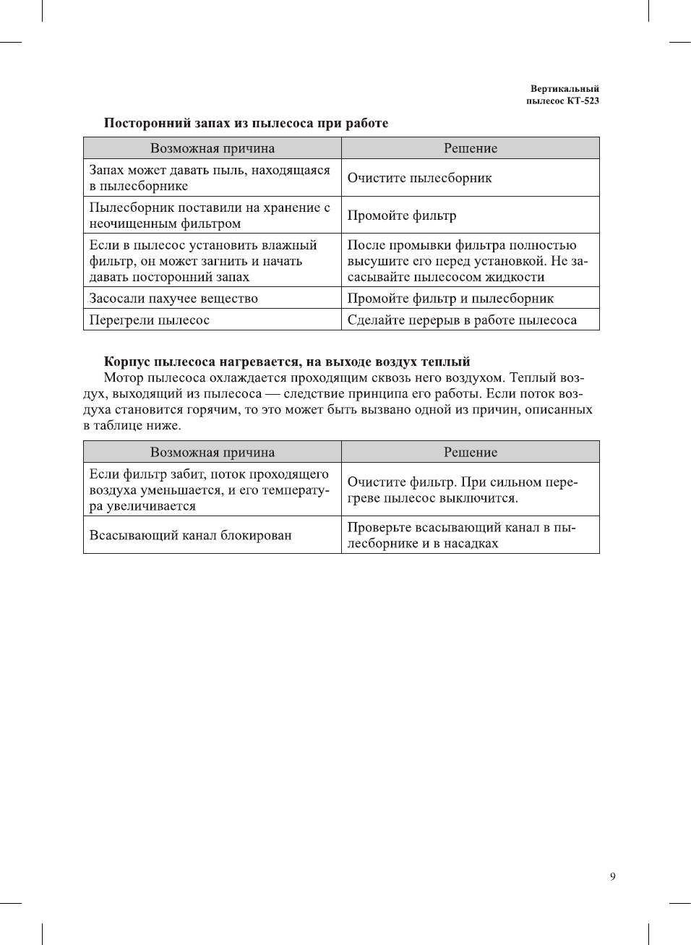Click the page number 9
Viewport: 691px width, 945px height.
(612, 876)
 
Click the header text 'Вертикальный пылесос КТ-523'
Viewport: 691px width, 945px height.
(563, 95)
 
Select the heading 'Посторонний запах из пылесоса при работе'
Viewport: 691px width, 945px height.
(246, 123)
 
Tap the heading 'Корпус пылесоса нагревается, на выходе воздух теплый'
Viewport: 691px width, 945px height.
(287, 362)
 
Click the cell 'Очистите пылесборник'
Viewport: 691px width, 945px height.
(419, 178)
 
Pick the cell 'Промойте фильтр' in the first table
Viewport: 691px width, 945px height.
(402, 215)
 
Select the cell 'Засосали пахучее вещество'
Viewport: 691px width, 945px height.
(173, 298)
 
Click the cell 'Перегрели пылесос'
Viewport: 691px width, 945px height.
(150, 320)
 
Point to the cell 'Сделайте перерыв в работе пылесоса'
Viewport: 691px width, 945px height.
(462, 320)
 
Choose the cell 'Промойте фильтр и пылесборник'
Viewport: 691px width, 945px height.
(450, 298)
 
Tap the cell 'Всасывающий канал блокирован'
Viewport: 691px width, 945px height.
(191, 535)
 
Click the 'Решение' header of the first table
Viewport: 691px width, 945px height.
(471, 148)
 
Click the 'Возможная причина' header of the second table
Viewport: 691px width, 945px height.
(213, 452)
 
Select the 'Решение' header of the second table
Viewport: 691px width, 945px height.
(471, 452)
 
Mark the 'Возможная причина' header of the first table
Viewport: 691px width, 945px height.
(213, 148)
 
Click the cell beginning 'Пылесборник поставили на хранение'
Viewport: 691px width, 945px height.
(210, 215)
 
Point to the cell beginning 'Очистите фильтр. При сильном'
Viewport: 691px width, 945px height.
(463, 489)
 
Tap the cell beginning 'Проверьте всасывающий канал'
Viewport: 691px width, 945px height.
(461, 535)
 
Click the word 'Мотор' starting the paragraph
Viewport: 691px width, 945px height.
(124, 377)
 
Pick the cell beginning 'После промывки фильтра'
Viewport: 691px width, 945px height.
(467, 260)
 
